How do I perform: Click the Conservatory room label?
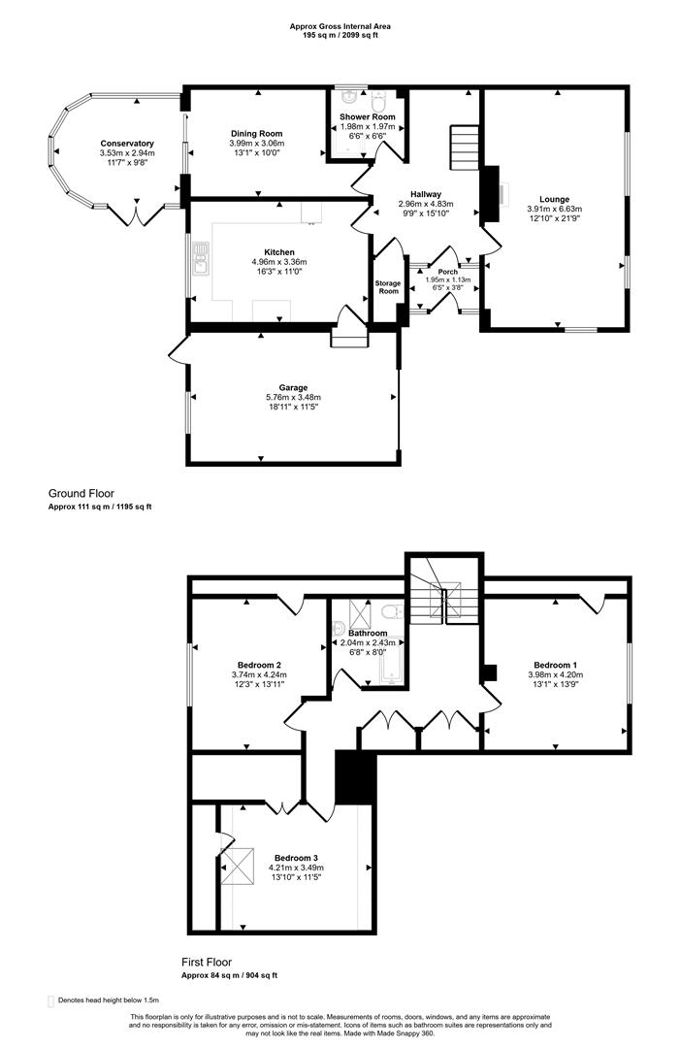pos(126,144)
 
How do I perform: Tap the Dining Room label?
pos(256,134)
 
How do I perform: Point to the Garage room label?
pos(293,387)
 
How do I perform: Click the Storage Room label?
pos(388,286)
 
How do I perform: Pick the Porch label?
pos(447,272)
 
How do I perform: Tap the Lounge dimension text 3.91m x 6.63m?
pos(555,209)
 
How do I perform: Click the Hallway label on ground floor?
pos(419,194)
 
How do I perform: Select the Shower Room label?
pos(367,117)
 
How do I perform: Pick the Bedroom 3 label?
pos(295,858)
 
